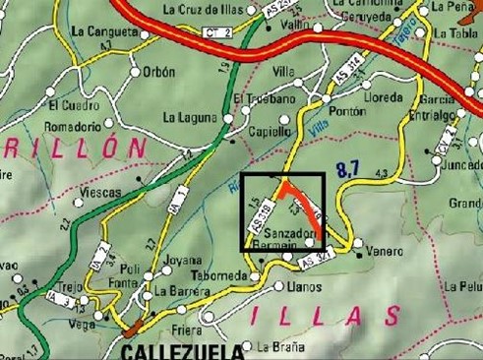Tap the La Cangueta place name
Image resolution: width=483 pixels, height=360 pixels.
pos(103,30)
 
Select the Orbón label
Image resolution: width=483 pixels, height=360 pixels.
pos(158,72)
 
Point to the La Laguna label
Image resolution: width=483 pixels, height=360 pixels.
pos(190,119)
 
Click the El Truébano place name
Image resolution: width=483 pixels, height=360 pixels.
pos(265,99)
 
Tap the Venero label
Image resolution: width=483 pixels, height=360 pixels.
pos(385,252)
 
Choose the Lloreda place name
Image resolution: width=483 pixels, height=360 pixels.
pos(383,99)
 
